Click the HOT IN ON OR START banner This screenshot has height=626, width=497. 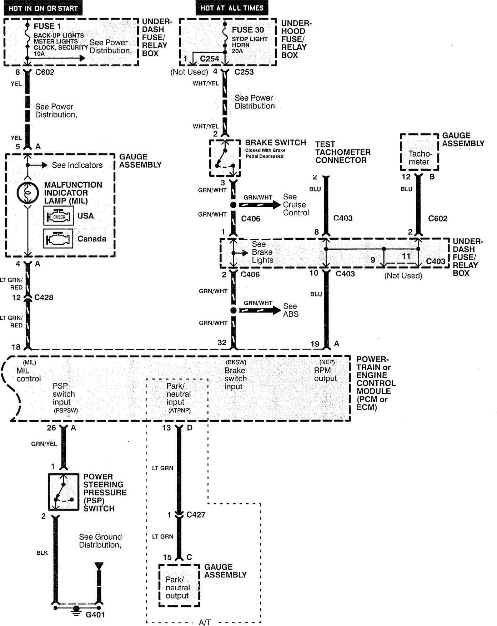(43, 8)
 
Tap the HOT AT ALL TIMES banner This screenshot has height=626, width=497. (232, 8)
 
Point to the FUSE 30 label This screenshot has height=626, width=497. (248, 30)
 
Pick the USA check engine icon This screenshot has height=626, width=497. (58, 216)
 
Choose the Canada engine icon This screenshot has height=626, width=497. (58, 238)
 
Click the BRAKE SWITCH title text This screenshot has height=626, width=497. (275, 143)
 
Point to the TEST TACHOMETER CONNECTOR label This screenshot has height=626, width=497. (342, 152)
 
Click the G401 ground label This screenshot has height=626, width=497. (96, 615)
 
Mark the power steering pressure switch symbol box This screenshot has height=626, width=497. (64, 492)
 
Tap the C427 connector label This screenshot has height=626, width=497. (196, 515)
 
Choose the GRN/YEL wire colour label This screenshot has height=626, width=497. (44, 444)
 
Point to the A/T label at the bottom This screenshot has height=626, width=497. (205, 622)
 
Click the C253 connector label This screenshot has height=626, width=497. (244, 72)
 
